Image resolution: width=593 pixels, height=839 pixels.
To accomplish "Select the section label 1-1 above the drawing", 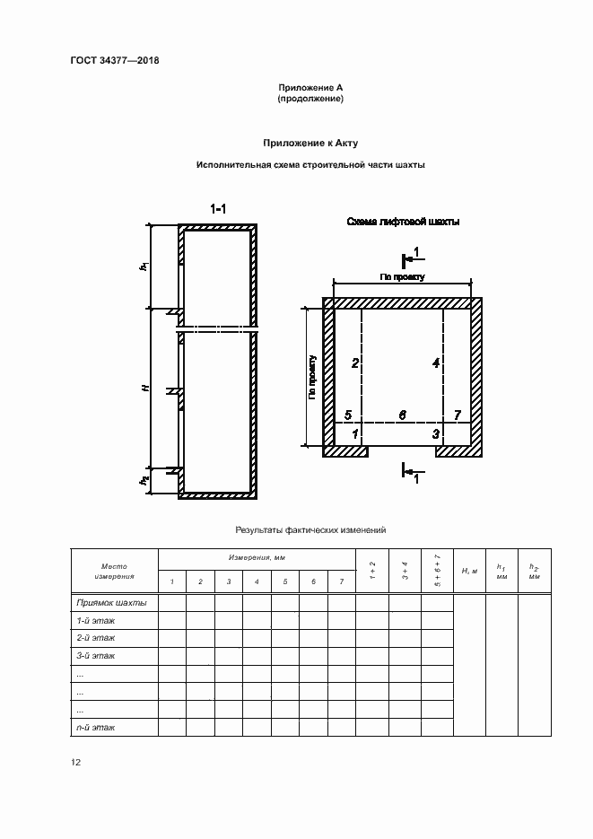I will (219, 209).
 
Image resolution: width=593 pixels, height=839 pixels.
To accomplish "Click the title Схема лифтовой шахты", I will (403, 222).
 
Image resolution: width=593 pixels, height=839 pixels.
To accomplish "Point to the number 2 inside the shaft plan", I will (355, 363).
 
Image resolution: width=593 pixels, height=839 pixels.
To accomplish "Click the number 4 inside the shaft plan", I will (435, 363).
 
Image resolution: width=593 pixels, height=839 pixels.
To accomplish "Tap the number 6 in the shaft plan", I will (402, 415).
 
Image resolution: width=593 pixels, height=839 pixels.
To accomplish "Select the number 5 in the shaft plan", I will (348, 415).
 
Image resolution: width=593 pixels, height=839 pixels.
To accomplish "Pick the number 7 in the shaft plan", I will (458, 415).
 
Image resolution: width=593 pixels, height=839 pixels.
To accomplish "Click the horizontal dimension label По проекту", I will (402, 278).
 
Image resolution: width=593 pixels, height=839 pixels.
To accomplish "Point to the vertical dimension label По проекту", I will (313, 377).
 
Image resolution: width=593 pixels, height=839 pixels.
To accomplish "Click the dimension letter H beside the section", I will (144, 389).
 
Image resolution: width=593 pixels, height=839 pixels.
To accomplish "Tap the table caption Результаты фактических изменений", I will (310, 530).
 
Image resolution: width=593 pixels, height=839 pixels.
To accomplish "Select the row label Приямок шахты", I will (112, 603).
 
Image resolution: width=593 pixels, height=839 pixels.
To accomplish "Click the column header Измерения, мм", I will (257, 558).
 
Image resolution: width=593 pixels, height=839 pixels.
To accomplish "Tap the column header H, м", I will (469, 571).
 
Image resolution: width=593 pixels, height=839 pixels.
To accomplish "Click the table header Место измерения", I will (114, 571).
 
